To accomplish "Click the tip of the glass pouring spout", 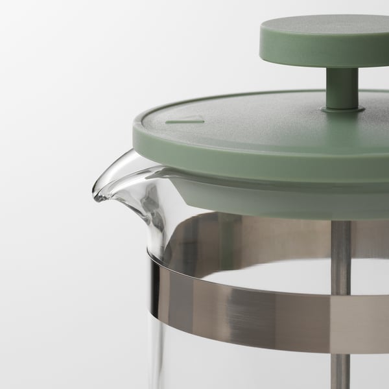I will [x=97, y=194].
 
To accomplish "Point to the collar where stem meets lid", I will [x=342, y=110].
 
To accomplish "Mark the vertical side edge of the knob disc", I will [x=324, y=55].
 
